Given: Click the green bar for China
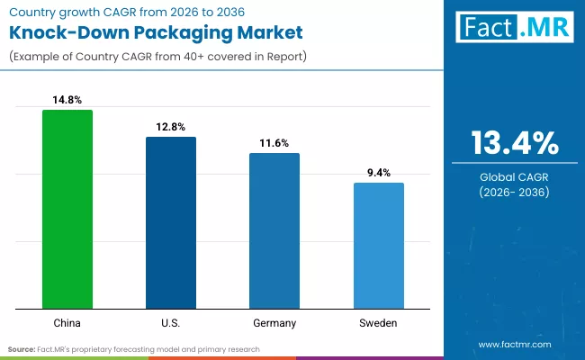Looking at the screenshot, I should coord(67,210).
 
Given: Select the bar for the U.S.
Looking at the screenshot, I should coord(171,223).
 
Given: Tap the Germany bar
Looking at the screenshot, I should coord(274,231).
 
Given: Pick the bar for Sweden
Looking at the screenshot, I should coord(378,246).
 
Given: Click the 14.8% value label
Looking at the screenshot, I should coord(67,100).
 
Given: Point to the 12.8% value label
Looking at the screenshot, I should coord(171,127).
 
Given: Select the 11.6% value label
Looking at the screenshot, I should coord(274,143).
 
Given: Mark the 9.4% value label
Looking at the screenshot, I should coord(378,173).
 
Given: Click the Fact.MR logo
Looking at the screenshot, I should coord(513,28).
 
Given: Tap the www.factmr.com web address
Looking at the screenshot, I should coord(514,344).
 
